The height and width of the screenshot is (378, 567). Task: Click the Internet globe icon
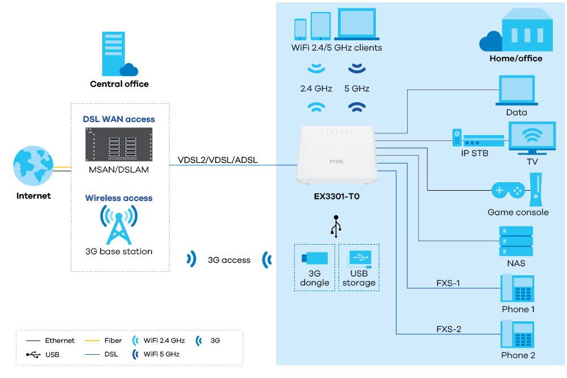pos(33,166)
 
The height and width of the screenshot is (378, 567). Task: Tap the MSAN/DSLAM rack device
pos(119,145)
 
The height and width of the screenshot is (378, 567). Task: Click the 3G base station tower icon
pos(119,224)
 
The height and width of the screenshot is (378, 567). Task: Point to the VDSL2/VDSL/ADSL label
pos(218,160)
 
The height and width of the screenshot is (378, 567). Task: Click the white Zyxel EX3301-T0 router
pos(336,155)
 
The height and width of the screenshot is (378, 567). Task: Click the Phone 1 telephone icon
pos(517,288)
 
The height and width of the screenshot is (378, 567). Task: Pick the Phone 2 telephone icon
pos(517,334)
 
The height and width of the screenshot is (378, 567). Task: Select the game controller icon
pos(507,190)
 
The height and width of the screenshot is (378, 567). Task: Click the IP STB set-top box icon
pos(478,138)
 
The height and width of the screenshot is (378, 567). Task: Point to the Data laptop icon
pos(516,91)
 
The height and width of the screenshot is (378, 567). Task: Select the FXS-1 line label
pos(448,283)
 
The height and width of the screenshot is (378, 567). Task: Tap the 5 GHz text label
pos(358,89)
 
